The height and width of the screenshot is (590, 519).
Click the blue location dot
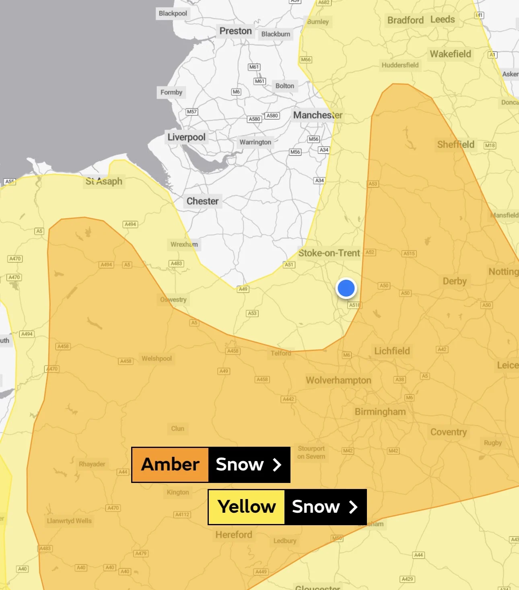[346, 288]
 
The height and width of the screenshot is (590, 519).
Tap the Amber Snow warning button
[211, 465]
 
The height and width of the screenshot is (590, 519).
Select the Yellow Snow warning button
[287, 507]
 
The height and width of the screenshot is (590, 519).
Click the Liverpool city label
[186, 137]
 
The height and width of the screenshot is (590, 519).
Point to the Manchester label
[318, 115]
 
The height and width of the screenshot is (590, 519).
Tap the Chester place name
[202, 201]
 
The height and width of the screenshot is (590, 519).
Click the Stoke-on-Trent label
[329, 253]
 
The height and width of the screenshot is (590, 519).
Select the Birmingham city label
[380, 412]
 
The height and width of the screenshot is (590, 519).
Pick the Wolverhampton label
[338, 380]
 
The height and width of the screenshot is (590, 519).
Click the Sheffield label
[455, 144]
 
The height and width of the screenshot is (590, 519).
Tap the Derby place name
[455, 281]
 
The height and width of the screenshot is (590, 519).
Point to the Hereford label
[234, 535]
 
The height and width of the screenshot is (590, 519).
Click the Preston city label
[235, 31]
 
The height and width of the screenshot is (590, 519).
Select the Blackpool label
[173, 13]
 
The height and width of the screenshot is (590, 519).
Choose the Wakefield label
[450, 54]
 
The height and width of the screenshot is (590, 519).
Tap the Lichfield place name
[392, 351]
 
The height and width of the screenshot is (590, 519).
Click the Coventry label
[449, 432]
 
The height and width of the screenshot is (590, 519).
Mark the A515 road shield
[409, 254]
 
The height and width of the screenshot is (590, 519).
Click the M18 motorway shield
[490, 146]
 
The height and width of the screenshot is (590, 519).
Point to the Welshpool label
[157, 359]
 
